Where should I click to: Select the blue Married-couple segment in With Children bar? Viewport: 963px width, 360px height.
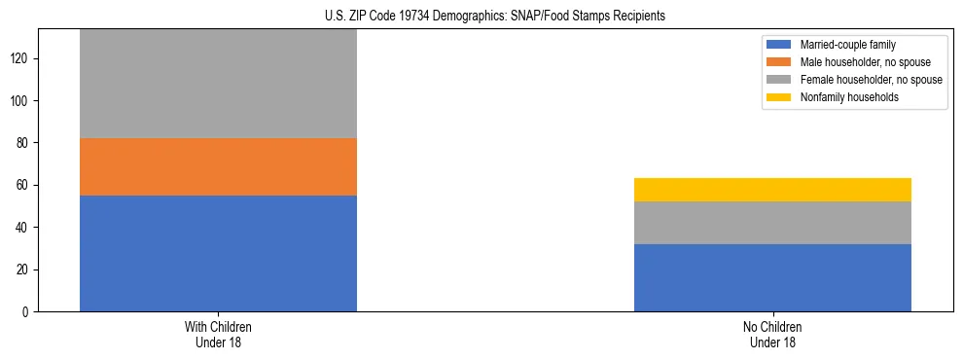click(218, 253)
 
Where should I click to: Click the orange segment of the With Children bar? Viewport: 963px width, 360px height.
click(218, 166)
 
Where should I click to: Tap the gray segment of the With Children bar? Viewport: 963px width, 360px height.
click(218, 84)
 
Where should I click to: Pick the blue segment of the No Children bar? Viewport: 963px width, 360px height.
click(772, 277)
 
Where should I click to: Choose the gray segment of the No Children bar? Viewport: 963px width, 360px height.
click(772, 223)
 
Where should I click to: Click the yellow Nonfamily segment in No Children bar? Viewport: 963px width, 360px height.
click(772, 190)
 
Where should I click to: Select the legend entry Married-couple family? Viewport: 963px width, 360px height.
click(845, 45)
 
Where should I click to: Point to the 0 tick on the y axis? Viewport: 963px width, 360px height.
click(27, 311)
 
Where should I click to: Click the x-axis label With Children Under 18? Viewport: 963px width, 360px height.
click(218, 334)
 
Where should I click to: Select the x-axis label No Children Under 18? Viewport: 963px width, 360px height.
click(772, 334)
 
